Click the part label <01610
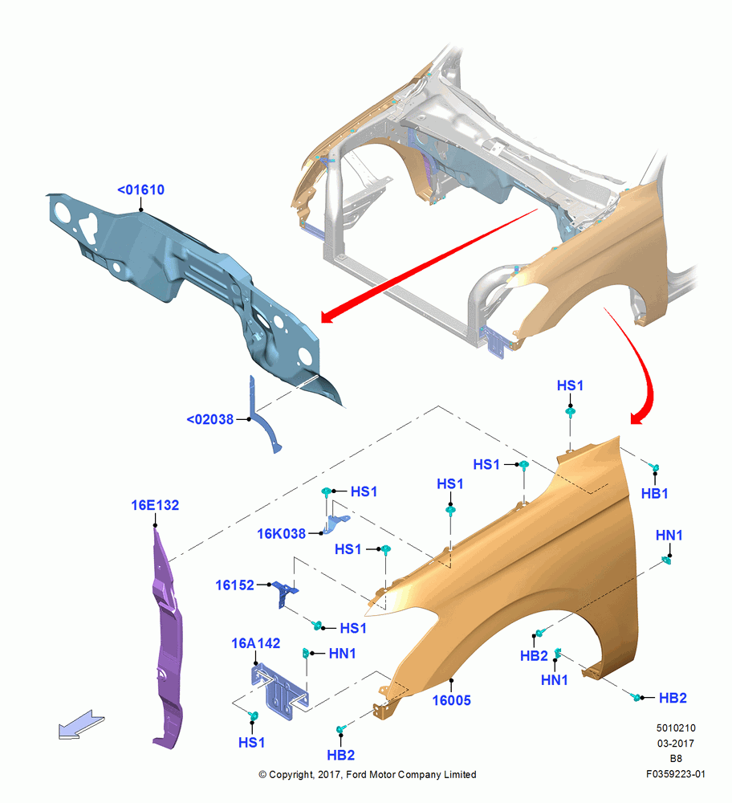140,190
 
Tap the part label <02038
209,419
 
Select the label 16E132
155,505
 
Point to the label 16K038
281,534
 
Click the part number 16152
234,585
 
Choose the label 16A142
255,643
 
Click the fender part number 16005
451,700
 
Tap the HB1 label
654,493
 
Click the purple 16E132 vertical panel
167,640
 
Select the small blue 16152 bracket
284,593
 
